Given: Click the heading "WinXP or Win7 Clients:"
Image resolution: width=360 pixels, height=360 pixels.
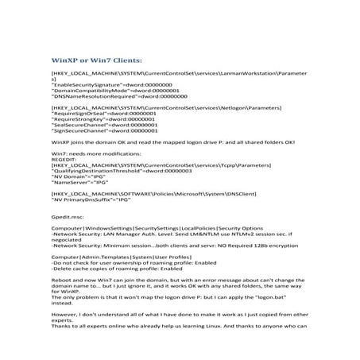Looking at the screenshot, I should click(x=96, y=60).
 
